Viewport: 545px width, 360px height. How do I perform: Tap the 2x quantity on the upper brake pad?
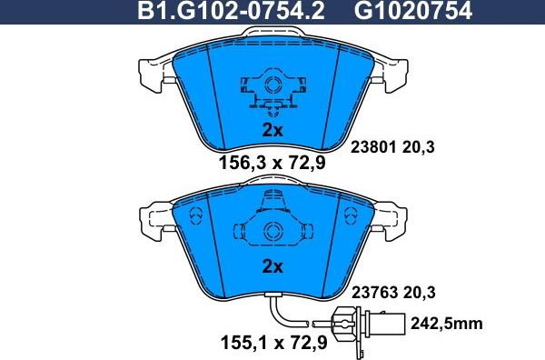pos(272,130)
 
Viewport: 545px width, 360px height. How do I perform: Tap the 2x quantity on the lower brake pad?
pos(272,267)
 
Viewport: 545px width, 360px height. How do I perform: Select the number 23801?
pos(372,145)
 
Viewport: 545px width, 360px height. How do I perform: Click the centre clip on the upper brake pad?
pos(271,89)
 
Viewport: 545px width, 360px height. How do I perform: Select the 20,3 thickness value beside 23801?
pos(421,145)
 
